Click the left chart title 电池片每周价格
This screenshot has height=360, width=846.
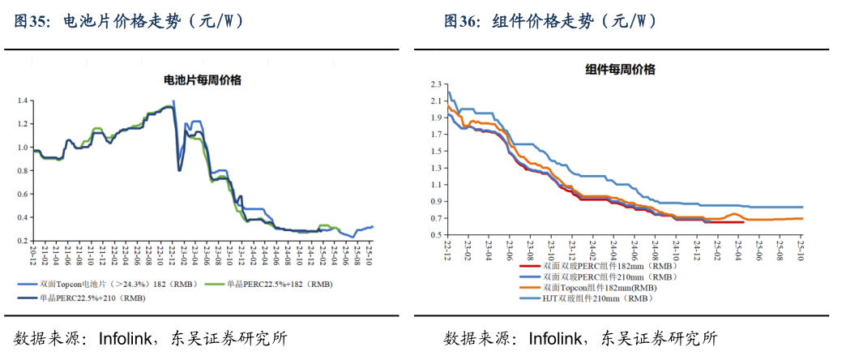(x=203, y=80)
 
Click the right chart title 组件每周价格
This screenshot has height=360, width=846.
(x=620, y=70)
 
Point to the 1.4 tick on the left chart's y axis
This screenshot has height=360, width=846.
(x=23, y=101)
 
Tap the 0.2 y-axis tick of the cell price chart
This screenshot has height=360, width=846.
(x=23, y=241)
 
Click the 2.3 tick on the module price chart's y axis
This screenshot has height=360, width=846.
(x=435, y=84)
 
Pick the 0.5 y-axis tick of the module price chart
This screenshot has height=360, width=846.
(x=435, y=235)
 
